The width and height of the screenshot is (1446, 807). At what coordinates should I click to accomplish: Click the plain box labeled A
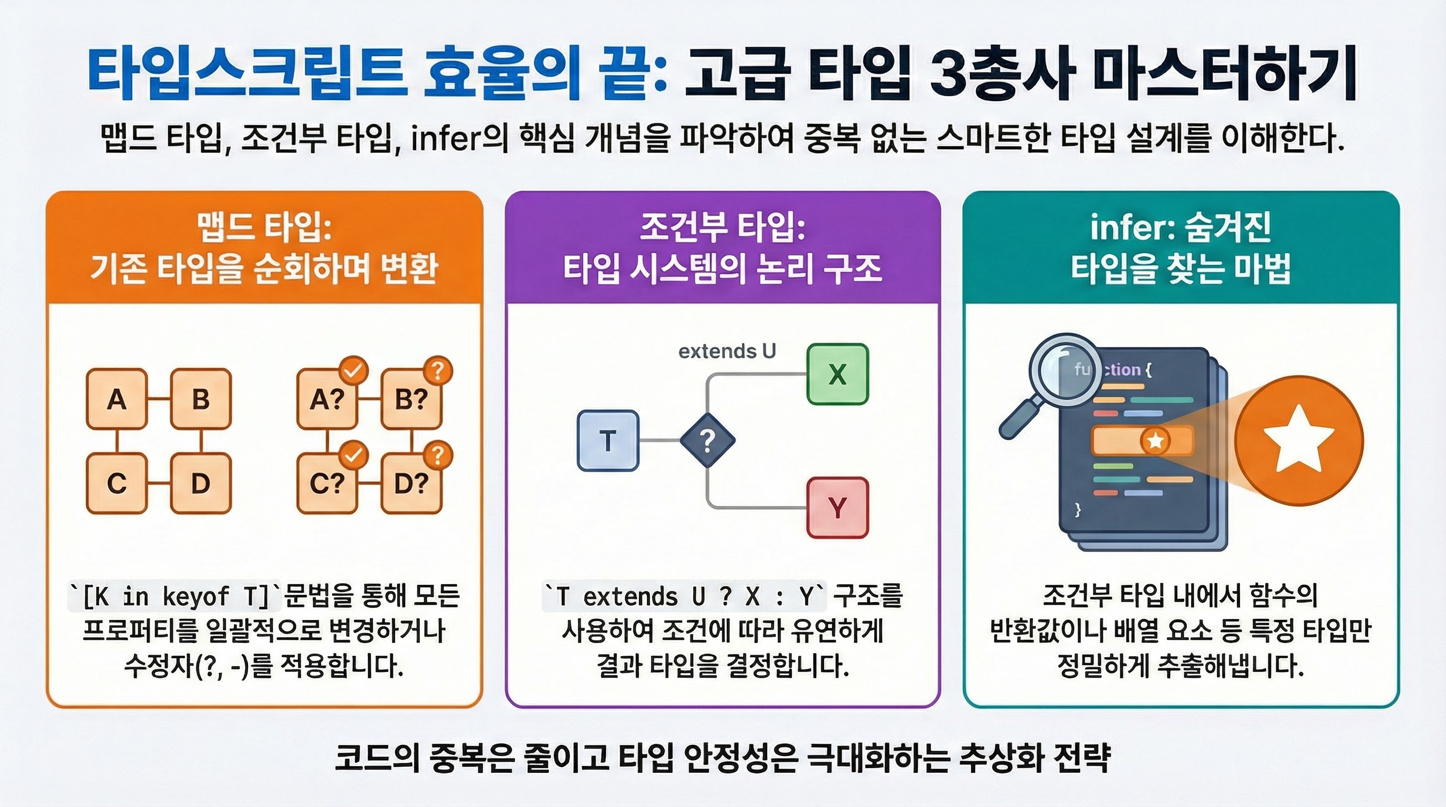(x=117, y=399)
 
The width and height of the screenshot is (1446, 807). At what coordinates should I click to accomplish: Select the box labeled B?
(x=411, y=399)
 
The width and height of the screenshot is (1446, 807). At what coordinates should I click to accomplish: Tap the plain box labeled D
(x=200, y=483)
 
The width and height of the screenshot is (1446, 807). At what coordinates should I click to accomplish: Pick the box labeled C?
(x=327, y=483)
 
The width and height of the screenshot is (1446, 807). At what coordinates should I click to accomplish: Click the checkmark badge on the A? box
(x=354, y=370)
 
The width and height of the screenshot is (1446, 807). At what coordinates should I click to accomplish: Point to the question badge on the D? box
(x=438, y=455)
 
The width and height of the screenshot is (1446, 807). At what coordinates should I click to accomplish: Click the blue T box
(x=608, y=440)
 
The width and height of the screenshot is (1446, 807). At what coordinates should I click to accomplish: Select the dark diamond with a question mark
(x=707, y=440)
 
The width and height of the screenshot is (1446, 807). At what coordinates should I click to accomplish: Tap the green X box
(x=838, y=374)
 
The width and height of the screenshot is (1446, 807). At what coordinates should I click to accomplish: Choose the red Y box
(x=838, y=508)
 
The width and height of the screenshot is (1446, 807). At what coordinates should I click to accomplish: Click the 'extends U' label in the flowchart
(x=727, y=351)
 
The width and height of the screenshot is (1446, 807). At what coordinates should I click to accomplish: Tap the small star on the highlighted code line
(x=1155, y=440)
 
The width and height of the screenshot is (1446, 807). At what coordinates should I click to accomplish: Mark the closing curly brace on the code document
(x=1077, y=510)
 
